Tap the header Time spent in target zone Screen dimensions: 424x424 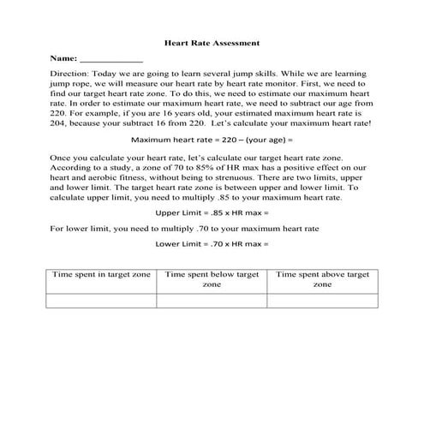pyautogui.click(x=101, y=274)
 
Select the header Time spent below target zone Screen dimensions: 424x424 pyautogui.click(x=212, y=280)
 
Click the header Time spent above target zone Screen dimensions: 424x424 pyautogui.click(x=322, y=280)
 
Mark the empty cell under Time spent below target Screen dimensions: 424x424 pyautogui.click(x=212, y=301)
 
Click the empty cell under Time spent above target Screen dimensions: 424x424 pyautogui.click(x=322, y=301)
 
